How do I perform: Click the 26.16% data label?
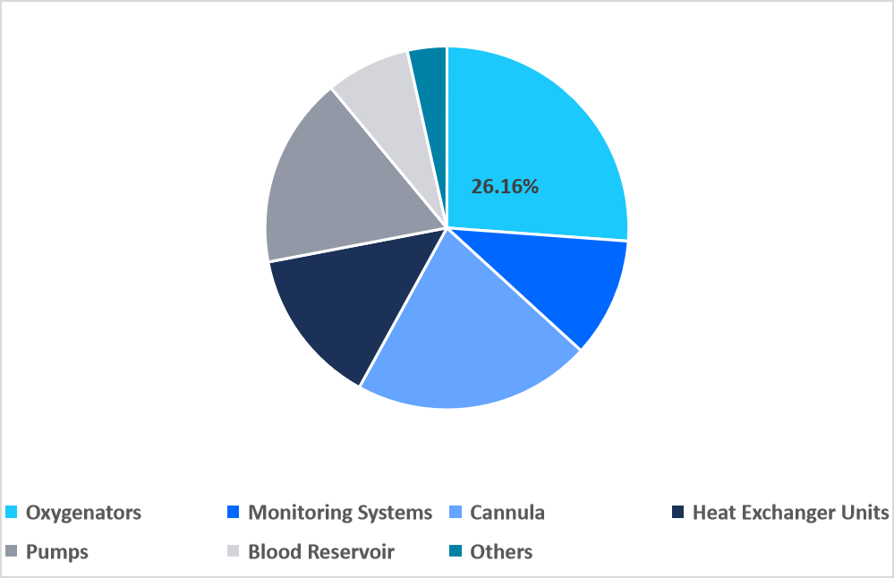(505, 187)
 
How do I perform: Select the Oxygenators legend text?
(83, 513)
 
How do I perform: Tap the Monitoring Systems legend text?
(340, 513)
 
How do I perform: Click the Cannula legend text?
(507, 513)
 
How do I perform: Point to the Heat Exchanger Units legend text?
(790, 513)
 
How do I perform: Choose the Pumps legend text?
(57, 551)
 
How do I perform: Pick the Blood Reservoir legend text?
(321, 551)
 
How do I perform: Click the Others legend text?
(501, 551)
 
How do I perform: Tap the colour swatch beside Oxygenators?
(12, 513)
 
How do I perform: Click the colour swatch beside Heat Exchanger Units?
(678, 513)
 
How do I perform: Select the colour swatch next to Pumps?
(12, 551)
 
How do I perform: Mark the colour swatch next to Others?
(456, 551)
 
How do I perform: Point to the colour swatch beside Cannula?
(456, 513)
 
